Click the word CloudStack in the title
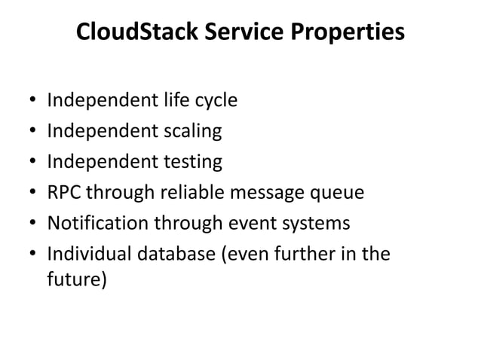coord(128,35)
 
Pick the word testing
coord(191,163)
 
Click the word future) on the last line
coord(77,281)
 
